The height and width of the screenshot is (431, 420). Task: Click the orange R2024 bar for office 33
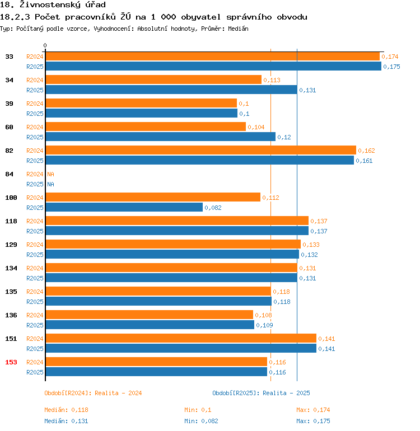click(212, 57)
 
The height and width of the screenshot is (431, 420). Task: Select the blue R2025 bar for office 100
click(124, 208)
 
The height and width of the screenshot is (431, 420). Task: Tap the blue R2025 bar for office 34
click(171, 90)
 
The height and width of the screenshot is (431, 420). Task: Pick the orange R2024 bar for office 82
click(200, 151)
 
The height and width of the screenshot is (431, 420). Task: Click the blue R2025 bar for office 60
click(160, 137)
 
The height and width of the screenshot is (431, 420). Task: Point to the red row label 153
click(11, 362)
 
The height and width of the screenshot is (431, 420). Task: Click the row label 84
click(10, 174)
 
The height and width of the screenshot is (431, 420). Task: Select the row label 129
click(11, 245)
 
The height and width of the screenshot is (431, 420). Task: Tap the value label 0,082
click(213, 208)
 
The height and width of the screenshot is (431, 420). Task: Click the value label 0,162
click(367, 151)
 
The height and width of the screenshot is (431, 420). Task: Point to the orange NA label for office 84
click(50, 174)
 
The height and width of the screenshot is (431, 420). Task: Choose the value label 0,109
click(265, 325)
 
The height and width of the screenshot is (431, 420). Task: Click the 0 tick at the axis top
click(45, 45)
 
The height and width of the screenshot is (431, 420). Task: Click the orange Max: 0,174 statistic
click(313, 410)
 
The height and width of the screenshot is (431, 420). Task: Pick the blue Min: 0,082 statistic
click(201, 421)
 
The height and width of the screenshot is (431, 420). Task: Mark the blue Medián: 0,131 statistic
click(66, 421)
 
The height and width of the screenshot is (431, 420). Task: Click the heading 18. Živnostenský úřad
click(53, 5)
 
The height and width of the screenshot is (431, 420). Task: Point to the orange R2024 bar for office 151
click(180, 339)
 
